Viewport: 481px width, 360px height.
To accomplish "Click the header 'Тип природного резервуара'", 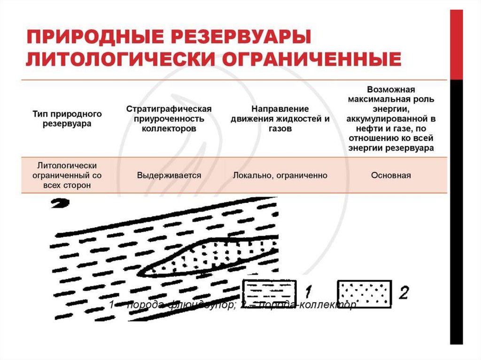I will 67,119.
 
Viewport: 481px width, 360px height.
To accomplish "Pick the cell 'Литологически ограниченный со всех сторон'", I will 67,175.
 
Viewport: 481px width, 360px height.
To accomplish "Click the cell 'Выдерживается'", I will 169,175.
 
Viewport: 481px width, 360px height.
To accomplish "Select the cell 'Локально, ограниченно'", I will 280,175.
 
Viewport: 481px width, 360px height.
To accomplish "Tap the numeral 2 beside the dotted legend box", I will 403,292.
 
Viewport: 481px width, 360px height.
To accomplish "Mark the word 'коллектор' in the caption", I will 332,305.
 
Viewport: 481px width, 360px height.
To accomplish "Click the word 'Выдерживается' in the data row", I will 169,175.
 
